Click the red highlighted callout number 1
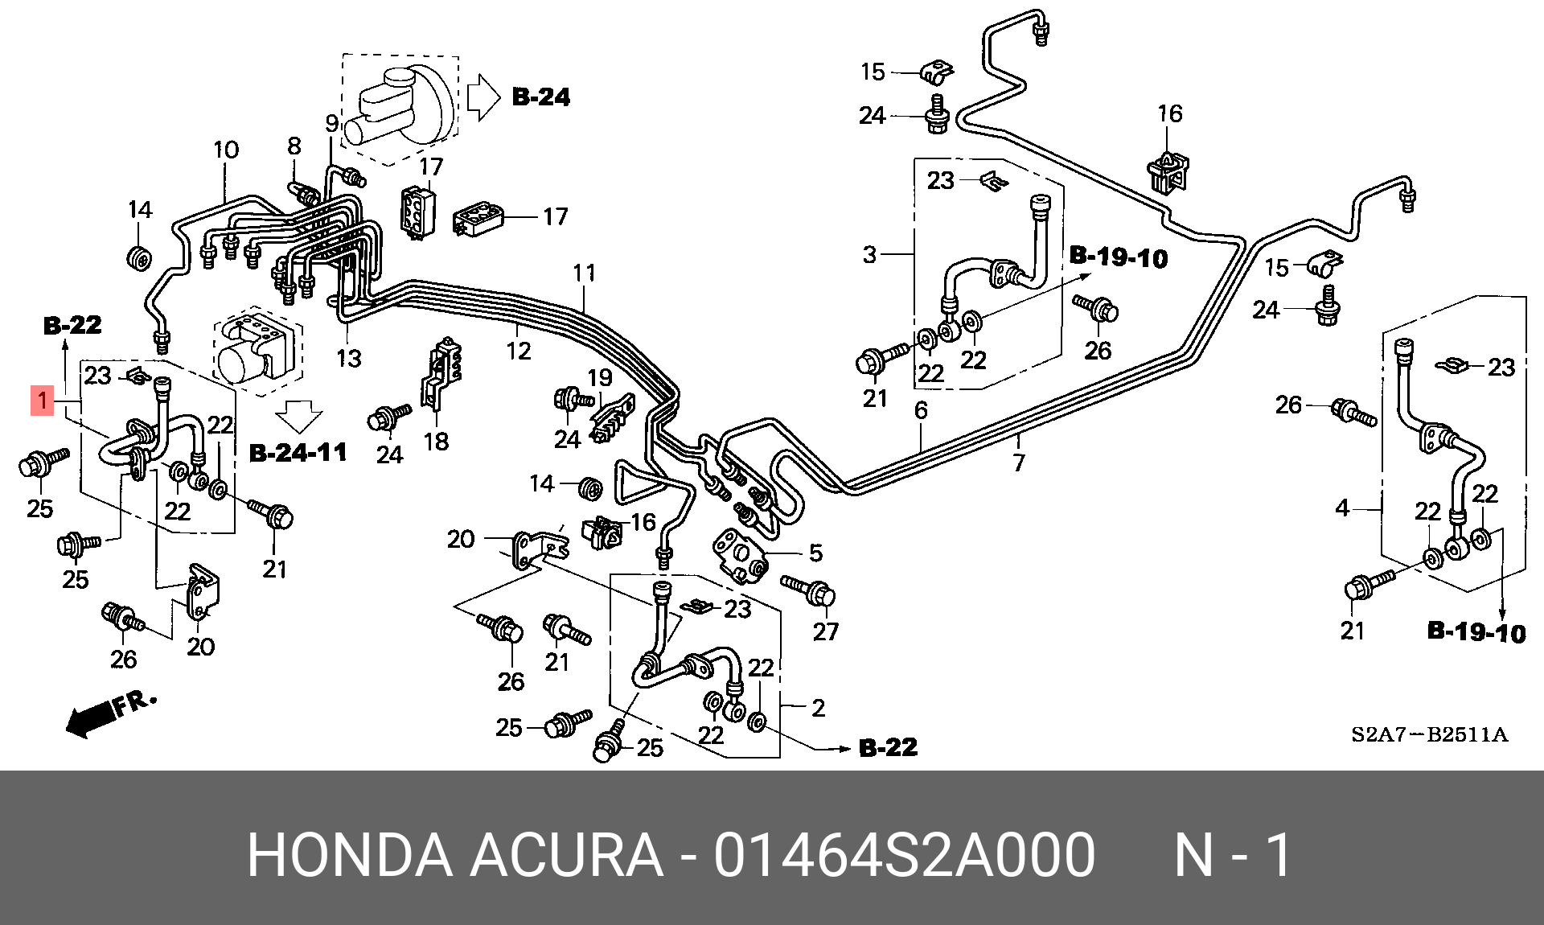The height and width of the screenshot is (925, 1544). [x=43, y=401]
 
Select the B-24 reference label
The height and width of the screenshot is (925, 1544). [x=541, y=97]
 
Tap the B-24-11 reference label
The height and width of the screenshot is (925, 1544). [x=298, y=453]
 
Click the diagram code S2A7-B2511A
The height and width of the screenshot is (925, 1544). [x=1429, y=734]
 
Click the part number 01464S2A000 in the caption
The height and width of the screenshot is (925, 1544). [x=904, y=855]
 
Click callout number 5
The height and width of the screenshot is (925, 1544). [x=815, y=553]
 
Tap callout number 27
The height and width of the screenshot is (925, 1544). [x=825, y=631]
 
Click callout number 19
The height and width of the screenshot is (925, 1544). [x=600, y=377]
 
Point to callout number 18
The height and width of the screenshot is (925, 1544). [x=436, y=441]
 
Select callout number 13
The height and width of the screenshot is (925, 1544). [x=349, y=358]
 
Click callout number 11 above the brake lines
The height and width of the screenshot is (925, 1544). [x=585, y=273]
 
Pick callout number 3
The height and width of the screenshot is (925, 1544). [x=869, y=255]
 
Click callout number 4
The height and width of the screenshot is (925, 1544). [x=1342, y=508]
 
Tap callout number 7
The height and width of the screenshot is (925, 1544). [x=1019, y=462]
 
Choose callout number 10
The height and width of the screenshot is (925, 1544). [x=226, y=150]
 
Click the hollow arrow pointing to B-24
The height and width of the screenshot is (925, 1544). [x=483, y=97]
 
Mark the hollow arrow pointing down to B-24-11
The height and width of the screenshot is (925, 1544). [x=298, y=417]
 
